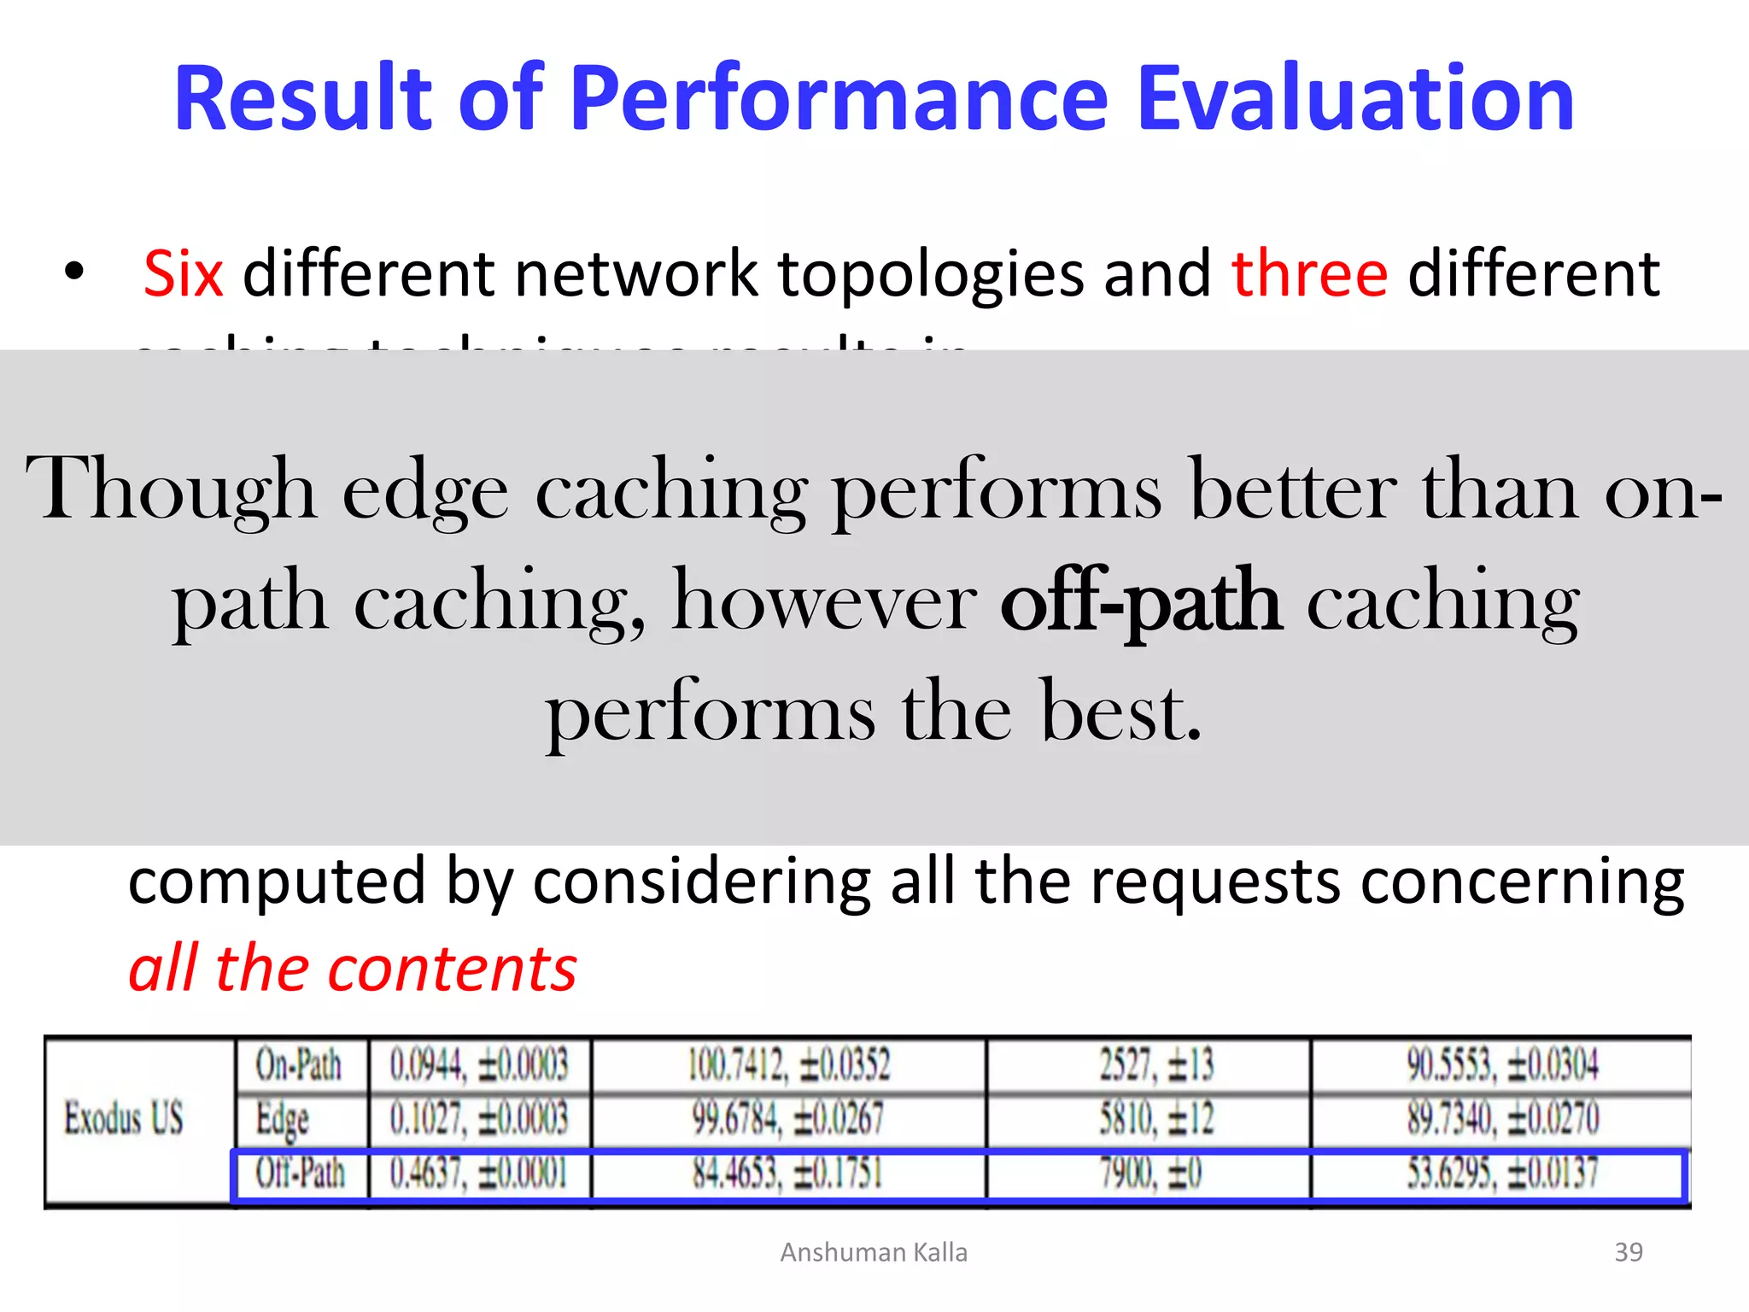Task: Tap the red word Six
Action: click(183, 274)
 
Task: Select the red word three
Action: click(1309, 274)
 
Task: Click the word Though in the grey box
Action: click(171, 491)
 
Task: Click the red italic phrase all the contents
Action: click(353, 969)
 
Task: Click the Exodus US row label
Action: click(124, 1118)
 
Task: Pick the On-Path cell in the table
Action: click(299, 1065)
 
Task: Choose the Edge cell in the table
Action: click(283, 1119)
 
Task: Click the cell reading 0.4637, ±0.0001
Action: click(478, 1174)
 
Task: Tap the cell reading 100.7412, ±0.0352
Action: click(788, 1065)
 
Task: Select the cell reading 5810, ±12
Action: click(1156, 1119)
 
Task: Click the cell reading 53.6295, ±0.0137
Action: click(1502, 1174)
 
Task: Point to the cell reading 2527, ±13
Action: click(1156, 1065)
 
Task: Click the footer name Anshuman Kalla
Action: click(874, 1252)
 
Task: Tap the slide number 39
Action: click(1629, 1252)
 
